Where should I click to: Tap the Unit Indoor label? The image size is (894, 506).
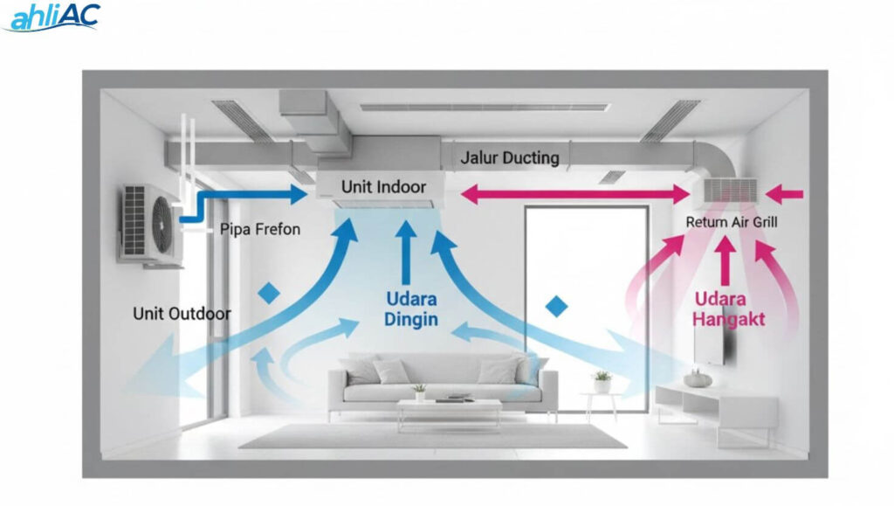tap(384, 186)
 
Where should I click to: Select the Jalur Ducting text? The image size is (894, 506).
tap(510, 158)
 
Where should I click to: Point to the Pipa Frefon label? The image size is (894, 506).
tap(260, 229)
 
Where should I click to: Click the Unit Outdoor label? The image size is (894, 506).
tap(182, 313)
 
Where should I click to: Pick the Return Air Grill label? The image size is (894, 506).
tap(732, 222)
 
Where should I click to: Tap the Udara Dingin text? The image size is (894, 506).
tap(411, 308)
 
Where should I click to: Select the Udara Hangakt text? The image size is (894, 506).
tap(729, 308)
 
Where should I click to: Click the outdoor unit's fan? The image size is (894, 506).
tap(162, 224)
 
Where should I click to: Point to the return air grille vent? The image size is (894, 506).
tap(731, 191)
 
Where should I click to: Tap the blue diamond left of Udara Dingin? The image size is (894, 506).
tap(269, 294)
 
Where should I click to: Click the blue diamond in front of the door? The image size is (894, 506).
tap(556, 307)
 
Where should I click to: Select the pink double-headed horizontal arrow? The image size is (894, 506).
tap(574, 194)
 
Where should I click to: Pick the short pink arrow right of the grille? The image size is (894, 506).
tap(784, 195)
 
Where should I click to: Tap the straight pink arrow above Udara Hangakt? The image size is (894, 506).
tap(726, 260)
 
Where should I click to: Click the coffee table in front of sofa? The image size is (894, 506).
tap(450, 412)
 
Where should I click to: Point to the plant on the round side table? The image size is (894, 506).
tap(602, 381)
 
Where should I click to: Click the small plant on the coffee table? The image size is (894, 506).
tap(420, 392)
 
